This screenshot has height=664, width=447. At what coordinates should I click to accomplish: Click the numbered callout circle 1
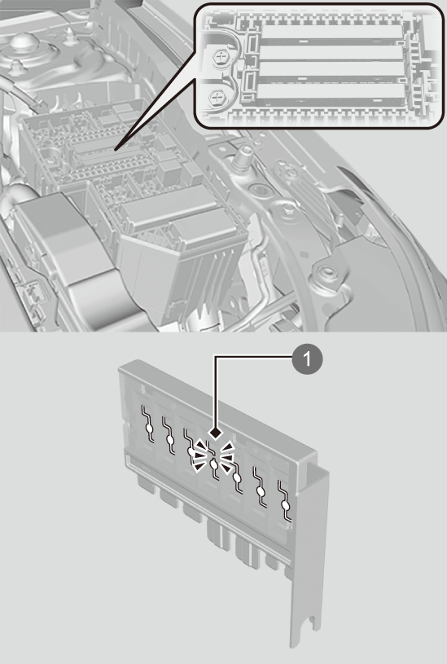(x=307, y=359)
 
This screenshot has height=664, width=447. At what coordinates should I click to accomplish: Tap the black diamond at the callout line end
(x=217, y=433)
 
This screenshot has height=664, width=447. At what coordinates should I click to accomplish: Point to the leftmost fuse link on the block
(x=148, y=424)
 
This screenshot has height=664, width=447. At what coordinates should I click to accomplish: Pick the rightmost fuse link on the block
(x=285, y=501)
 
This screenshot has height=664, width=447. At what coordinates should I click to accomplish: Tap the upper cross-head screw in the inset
(x=221, y=56)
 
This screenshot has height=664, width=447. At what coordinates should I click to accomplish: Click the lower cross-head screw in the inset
(x=217, y=99)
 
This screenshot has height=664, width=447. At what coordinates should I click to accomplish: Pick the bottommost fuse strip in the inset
(x=331, y=92)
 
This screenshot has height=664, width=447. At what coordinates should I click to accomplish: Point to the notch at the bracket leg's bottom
(x=313, y=623)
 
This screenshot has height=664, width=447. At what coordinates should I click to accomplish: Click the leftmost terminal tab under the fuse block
(x=147, y=483)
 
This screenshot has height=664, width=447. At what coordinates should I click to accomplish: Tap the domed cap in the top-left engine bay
(x=24, y=42)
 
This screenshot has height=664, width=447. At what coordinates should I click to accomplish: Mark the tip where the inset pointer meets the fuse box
(x=116, y=149)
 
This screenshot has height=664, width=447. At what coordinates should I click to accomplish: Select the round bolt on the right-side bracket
(x=325, y=272)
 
